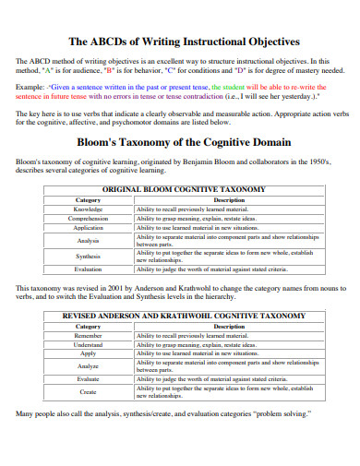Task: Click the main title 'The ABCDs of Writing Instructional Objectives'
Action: coord(179,42)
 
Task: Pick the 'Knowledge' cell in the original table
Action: coord(89,209)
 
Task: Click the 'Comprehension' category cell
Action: coord(89,219)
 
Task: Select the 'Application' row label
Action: coord(89,227)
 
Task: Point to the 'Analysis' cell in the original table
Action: coord(89,240)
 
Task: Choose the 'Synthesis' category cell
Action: coord(89,256)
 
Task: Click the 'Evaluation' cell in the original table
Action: coord(89,269)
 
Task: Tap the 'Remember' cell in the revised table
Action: coord(89,336)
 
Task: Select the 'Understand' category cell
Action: coord(89,345)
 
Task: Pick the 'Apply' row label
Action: coord(89,353)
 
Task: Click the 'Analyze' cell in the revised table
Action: coord(89,366)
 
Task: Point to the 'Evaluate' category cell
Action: coord(89,378)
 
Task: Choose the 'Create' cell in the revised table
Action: coord(89,391)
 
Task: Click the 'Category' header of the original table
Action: coord(89,199)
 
